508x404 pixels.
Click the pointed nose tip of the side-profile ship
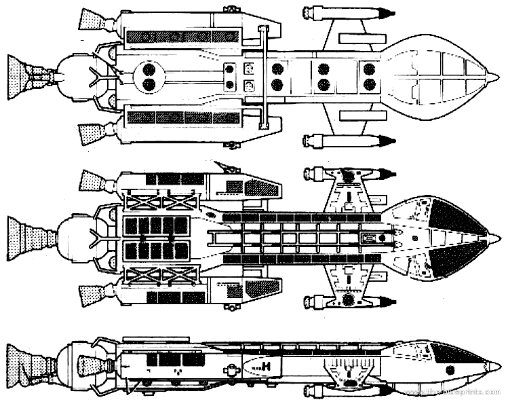(502, 367)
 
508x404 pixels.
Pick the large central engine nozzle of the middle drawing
(26, 237)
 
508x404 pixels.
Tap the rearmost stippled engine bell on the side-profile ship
(26, 362)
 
